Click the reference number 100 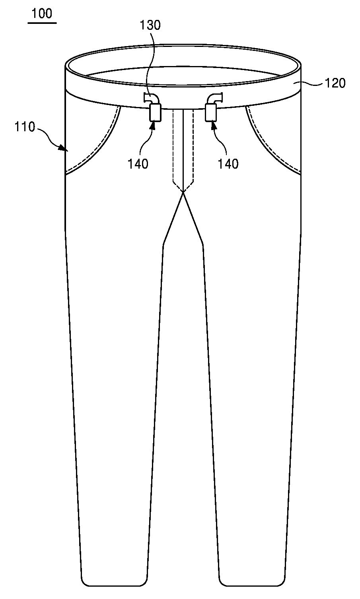(42, 14)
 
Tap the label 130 (150, 25)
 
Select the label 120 (335, 84)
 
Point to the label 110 (25, 127)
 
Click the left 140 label (138, 163)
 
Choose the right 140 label (228, 163)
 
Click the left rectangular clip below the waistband (155, 113)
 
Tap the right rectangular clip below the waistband (211, 113)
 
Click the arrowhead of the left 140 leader (153, 125)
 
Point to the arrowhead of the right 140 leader (214, 125)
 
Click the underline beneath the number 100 (42, 23)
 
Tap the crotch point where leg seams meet (183, 192)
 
